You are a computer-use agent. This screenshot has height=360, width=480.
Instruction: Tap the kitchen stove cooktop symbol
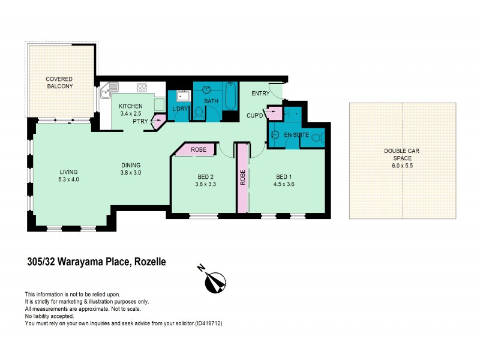(x=143, y=87)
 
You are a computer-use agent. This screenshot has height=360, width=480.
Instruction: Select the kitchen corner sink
(x=106, y=92)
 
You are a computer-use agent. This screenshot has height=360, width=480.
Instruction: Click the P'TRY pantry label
(x=142, y=120)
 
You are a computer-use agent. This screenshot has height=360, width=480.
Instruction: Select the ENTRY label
(x=260, y=93)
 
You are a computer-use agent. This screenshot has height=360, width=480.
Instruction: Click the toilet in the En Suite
(x=317, y=138)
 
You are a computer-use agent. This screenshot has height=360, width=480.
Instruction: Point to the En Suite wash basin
(x=275, y=134)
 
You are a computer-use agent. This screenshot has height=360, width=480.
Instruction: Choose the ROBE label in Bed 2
(x=199, y=150)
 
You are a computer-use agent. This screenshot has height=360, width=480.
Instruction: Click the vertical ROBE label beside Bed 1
(x=243, y=178)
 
